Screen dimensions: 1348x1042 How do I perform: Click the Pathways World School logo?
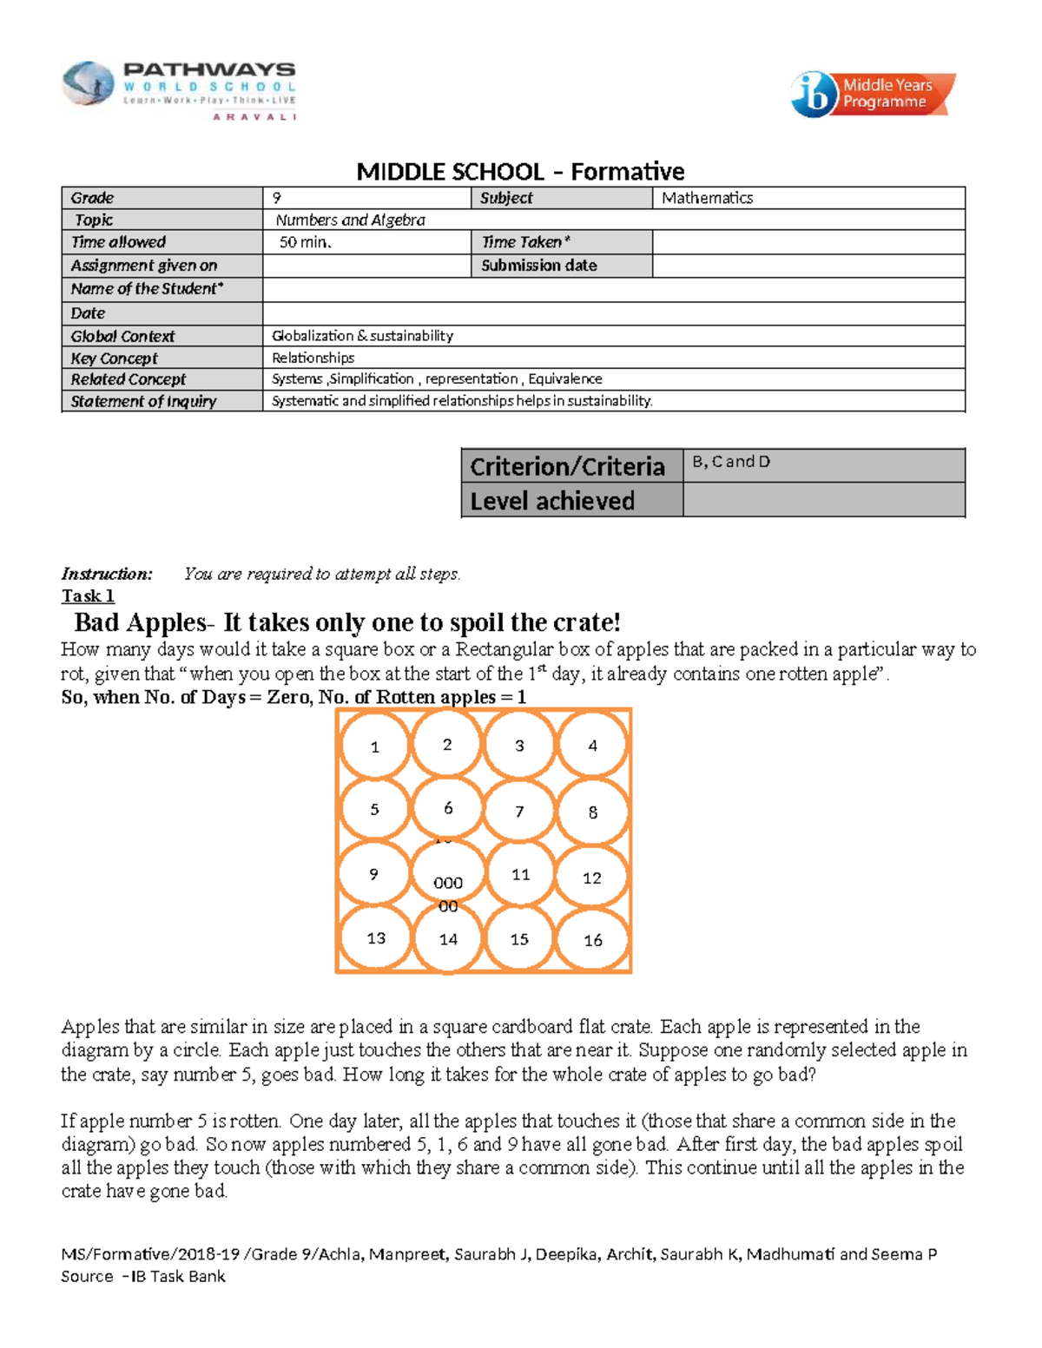[179, 89]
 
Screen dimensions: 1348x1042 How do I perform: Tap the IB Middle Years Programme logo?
[872, 94]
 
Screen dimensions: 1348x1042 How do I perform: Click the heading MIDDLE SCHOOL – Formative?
[520, 171]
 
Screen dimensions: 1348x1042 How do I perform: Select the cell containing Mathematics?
[808, 198]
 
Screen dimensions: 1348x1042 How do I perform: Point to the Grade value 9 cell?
[366, 198]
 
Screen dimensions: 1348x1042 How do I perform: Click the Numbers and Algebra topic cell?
[613, 220]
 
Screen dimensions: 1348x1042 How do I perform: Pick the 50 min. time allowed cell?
[366, 242]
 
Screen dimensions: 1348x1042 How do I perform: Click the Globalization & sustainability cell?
[613, 336]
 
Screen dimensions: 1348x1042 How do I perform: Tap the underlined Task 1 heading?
[88, 596]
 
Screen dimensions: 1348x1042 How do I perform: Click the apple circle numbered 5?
[374, 809]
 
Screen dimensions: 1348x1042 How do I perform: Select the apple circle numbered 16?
[593, 940]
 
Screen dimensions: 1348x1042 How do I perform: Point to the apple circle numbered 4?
[593, 746]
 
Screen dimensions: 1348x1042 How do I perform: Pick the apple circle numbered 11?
[520, 874]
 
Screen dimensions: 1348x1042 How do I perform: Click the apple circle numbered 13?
[375, 938]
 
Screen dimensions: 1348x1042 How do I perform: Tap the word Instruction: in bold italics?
[107, 574]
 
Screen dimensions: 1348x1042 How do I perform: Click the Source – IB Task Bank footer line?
[143, 1277]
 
